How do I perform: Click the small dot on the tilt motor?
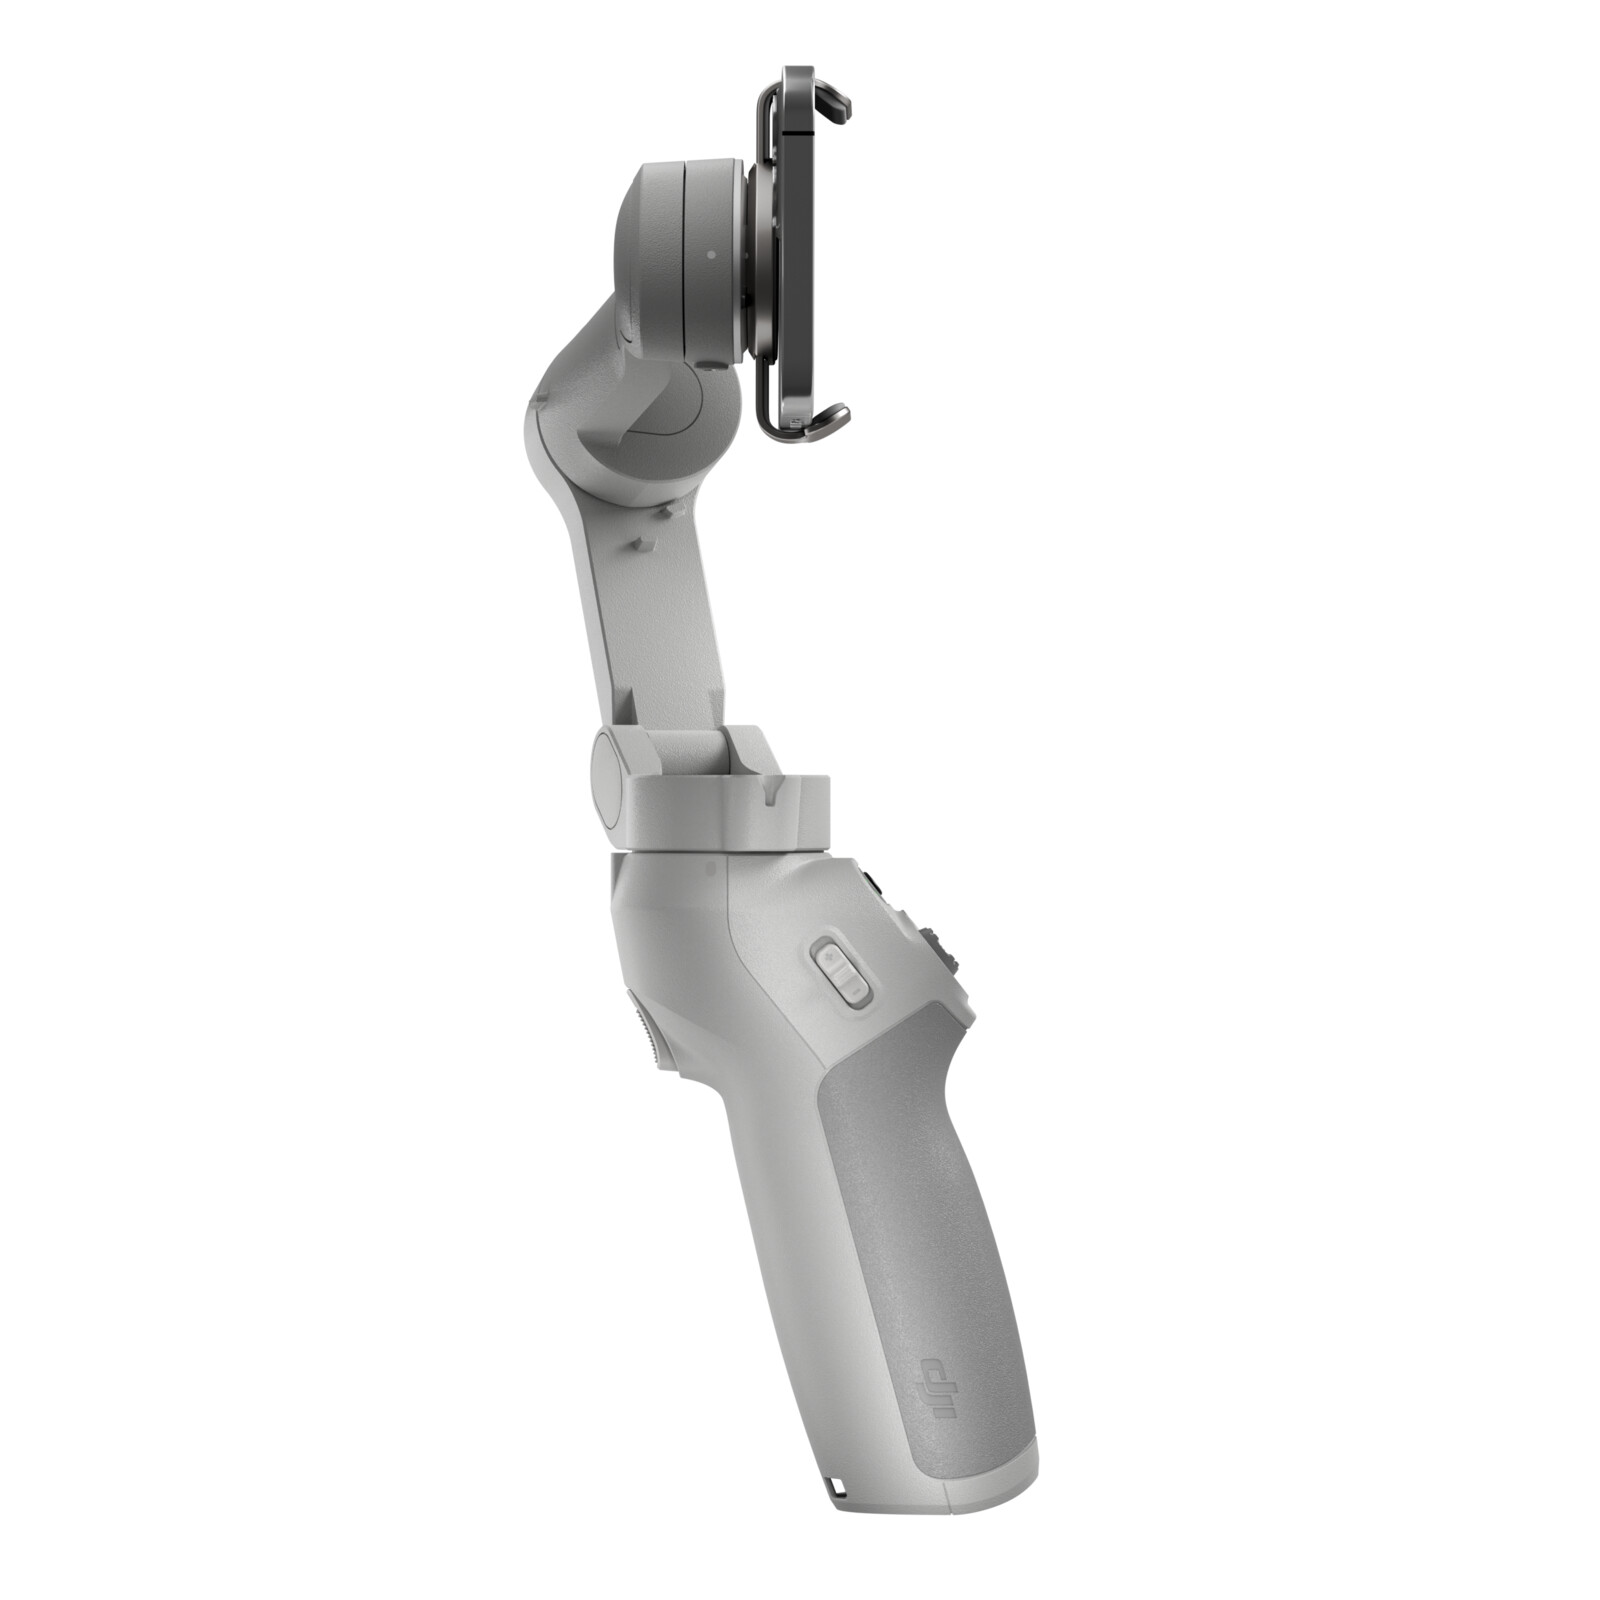710,254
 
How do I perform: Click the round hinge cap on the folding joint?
609,775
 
